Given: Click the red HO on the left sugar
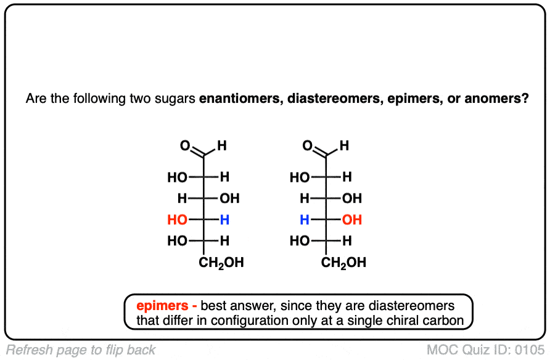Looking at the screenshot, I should tap(177, 220).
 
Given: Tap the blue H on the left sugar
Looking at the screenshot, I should tap(224, 220).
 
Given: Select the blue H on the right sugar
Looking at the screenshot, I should tap(304, 220).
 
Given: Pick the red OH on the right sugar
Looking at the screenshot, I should tap(352, 220).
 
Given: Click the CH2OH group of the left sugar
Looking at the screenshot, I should tap(221, 263).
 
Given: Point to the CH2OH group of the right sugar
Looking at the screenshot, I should tap(344, 263).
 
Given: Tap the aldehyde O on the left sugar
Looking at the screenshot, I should tap(184, 146).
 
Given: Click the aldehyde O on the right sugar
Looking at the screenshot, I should tap(308, 146).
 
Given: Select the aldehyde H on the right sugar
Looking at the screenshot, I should tap(344, 146).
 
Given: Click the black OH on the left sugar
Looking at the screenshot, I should tap(229, 198).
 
